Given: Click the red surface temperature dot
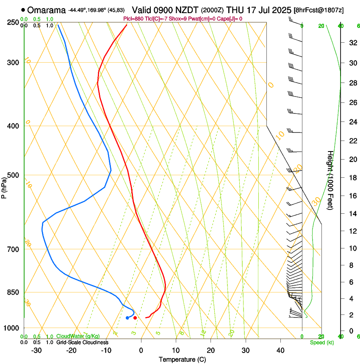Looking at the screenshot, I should [x=135, y=317].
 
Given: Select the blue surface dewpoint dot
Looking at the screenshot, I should [x=127, y=317].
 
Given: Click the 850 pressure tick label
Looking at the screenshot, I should [x=14, y=292].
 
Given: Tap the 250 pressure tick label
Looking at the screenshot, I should [x=14, y=22].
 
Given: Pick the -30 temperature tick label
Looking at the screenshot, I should [x=36, y=350].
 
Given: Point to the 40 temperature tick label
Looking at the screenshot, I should [x=280, y=350].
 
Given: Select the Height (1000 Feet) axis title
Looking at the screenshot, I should [x=330, y=180].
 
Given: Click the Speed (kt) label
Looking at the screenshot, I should [x=322, y=342].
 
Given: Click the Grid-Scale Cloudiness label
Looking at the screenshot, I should [x=82, y=342].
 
